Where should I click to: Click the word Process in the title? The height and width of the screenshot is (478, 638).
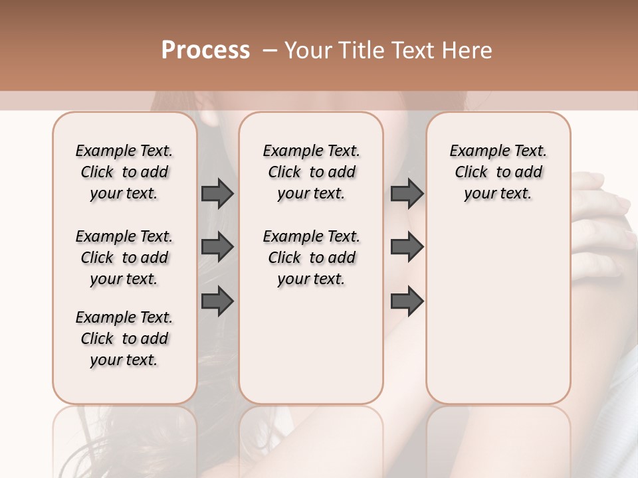coord(205,50)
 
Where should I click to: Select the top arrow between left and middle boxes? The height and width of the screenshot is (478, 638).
coord(217,194)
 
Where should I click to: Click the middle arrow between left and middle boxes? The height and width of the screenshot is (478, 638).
coord(217,248)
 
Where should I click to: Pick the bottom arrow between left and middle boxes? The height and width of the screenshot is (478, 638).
coord(217,301)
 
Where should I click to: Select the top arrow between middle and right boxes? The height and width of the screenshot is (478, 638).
coord(407,194)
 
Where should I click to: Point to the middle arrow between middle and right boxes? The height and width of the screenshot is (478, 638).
coord(407,248)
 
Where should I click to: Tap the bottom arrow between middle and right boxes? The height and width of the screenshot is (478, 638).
coord(407,301)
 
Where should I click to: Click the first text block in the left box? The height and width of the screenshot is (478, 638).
coord(124,172)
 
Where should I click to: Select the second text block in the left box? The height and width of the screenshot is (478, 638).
coord(124,258)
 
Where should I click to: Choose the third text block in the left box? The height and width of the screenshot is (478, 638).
coord(124,339)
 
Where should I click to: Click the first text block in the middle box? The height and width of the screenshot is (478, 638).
coord(311,172)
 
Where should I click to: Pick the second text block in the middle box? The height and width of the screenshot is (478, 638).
coord(311,258)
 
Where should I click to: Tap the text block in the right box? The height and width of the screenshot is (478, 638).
coord(498,172)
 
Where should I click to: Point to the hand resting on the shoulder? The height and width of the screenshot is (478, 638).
coord(601,212)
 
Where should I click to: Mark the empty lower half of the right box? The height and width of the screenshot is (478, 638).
coord(498,319)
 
